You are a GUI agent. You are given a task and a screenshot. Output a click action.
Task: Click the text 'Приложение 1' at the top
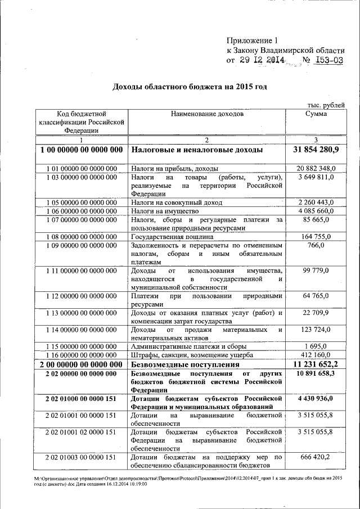[x=253, y=40]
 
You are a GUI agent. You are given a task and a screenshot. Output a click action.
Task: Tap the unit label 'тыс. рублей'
[x=326, y=105]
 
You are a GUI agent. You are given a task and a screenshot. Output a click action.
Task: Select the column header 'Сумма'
[x=316, y=114]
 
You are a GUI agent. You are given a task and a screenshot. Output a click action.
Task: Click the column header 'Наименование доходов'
[x=207, y=114]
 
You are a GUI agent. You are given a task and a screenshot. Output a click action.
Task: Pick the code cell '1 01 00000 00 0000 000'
[x=80, y=168]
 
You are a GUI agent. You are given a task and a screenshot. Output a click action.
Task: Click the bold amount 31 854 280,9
[x=316, y=151]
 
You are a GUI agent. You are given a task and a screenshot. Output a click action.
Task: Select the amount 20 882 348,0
[x=316, y=168]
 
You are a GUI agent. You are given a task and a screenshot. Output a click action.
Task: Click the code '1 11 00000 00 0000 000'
[x=80, y=271]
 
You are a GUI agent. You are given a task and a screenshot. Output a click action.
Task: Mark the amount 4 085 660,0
[x=316, y=211]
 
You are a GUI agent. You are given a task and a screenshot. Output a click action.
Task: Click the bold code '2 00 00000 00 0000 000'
[x=80, y=364]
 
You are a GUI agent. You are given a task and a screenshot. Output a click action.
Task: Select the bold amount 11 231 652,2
[x=316, y=364]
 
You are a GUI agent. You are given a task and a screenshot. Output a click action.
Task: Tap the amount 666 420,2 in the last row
[x=316, y=457]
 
